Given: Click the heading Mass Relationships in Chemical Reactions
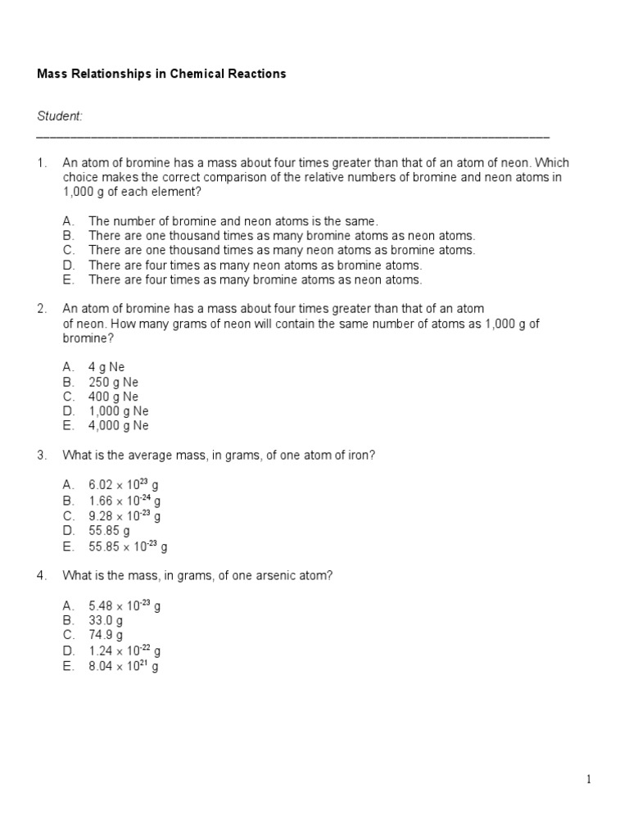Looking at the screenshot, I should [x=161, y=74].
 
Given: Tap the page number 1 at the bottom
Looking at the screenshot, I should [x=588, y=779].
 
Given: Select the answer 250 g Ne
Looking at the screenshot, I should [x=113, y=382].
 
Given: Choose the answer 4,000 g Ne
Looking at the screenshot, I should [x=118, y=426].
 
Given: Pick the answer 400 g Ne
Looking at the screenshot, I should [x=113, y=397].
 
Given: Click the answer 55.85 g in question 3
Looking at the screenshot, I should [x=109, y=531].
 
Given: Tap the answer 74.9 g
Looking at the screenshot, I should [x=106, y=635].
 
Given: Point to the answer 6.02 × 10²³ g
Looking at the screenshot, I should [x=124, y=486].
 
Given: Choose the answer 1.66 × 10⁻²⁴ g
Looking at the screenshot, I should [x=124, y=501].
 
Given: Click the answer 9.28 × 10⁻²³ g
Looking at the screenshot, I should [x=124, y=516].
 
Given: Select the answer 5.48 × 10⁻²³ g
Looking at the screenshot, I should [x=124, y=605].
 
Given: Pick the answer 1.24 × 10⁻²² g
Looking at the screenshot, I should [x=124, y=651].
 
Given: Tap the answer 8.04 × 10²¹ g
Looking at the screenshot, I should [x=123, y=666].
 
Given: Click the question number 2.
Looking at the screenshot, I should [x=41, y=309].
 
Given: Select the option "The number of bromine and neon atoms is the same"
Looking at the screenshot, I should [x=233, y=221].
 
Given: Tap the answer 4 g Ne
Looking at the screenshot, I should [x=106, y=367].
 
